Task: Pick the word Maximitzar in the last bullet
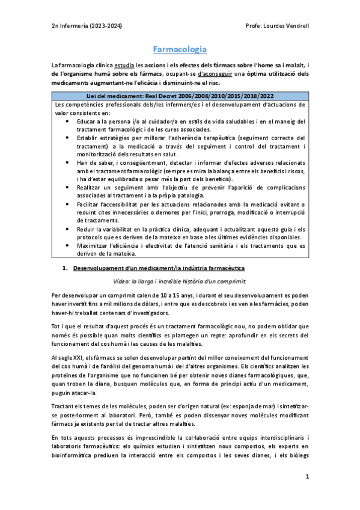[95, 245]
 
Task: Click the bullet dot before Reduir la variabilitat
[66, 229]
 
